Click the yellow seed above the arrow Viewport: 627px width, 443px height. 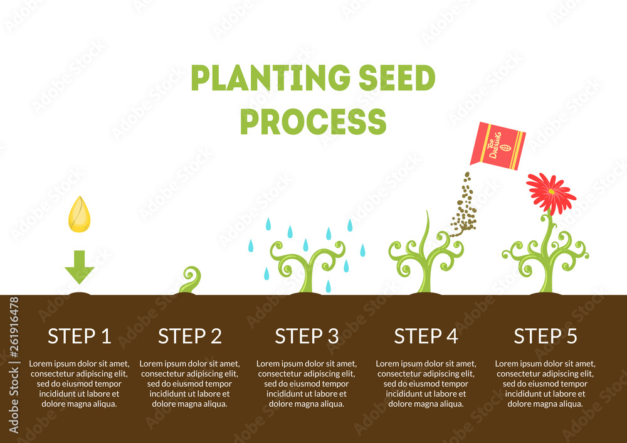click(79, 214)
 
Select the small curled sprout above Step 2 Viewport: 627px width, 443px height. click(190, 280)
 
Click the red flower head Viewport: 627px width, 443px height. click(551, 193)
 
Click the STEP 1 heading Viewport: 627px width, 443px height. click(80, 336)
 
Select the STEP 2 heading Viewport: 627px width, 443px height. click(190, 336)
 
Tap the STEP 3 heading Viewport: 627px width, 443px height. click(307, 336)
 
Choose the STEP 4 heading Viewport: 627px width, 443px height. click(426, 336)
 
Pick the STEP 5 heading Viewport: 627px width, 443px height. click(545, 336)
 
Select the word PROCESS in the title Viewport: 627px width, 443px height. click(313, 121)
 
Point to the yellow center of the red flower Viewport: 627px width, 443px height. click(551, 190)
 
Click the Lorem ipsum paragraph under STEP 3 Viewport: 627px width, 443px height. click(307, 383)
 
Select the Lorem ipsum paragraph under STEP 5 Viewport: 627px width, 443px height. click(545, 383)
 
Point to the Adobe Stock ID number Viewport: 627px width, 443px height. click(14, 364)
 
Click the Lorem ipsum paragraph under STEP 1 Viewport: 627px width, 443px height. click(79, 383)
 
